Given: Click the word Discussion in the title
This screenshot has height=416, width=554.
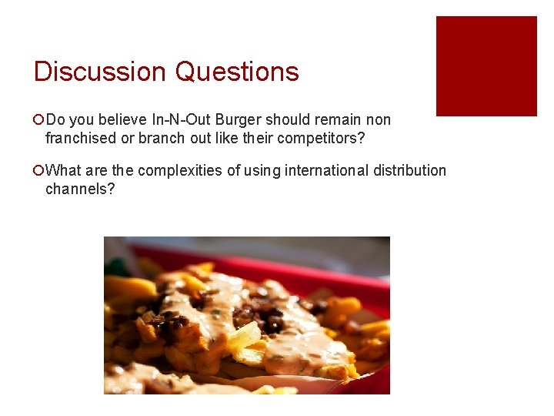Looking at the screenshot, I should (101, 72).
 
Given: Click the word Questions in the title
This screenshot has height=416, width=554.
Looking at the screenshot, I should (237, 72).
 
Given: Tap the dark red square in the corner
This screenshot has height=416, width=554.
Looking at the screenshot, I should (486, 66).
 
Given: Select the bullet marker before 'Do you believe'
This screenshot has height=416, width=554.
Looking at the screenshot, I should (38, 120).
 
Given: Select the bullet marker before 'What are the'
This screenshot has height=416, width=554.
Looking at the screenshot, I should (38, 170).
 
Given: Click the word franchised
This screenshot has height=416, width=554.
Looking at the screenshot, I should (79, 139).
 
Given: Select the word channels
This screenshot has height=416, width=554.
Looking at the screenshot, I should (79, 189).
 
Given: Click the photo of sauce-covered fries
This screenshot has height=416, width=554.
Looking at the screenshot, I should (246, 315).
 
